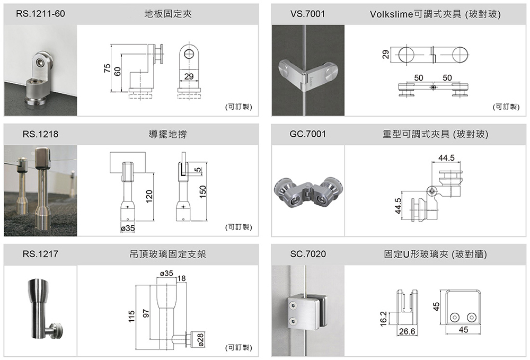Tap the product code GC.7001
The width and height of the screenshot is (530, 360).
(308, 135)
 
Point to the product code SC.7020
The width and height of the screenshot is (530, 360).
(308, 255)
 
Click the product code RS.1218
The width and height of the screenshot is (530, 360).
(40, 135)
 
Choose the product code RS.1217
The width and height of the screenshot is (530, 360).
(40, 255)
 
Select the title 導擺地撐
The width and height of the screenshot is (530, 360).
(167, 135)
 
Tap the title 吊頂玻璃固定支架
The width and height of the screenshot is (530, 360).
(167, 255)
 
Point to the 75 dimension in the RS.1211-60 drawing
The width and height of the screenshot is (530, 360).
(108, 69)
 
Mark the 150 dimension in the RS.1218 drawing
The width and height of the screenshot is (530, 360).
(202, 191)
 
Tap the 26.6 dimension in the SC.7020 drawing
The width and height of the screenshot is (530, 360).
(407, 332)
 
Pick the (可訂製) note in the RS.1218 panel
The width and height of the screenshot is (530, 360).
(237, 227)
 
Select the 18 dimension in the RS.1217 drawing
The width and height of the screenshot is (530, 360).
(182, 279)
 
